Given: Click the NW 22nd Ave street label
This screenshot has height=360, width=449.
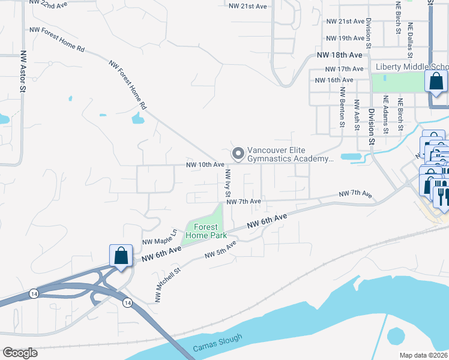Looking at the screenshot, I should click(48, 5).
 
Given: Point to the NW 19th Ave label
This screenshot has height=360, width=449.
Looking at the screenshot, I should click(345, 38).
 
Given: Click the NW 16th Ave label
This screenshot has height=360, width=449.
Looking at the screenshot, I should click(333, 80).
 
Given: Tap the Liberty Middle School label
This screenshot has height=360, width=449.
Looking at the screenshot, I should click(411, 67).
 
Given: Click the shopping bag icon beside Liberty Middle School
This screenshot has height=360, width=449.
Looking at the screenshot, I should click(436, 81).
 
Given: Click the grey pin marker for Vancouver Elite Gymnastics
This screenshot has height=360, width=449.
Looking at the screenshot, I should click(238, 154).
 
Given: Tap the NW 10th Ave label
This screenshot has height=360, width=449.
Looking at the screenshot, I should click(205, 164).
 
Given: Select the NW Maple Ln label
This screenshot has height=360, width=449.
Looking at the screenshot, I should click(160, 238).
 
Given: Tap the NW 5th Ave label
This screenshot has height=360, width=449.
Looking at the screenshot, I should click(220, 250).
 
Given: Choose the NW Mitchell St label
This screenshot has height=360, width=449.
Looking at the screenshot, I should click(169, 283).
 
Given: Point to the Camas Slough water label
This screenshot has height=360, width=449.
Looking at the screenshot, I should click(218, 343).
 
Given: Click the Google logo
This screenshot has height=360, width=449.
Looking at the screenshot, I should click(20, 353).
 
